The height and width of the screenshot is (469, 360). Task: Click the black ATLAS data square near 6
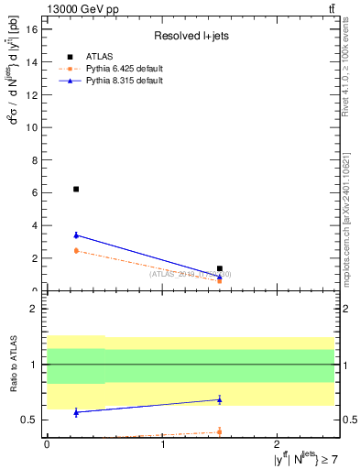[76, 189]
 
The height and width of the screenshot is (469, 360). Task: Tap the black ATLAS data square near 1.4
[220, 268]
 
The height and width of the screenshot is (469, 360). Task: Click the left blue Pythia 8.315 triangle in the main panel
[76, 235]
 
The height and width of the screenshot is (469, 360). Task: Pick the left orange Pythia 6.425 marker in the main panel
[76, 250]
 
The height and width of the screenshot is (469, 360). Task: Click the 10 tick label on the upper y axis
[36, 127]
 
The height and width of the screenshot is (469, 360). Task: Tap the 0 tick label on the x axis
[47, 445]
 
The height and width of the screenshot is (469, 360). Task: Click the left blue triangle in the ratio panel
[76, 412]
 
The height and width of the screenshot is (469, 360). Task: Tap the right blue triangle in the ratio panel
[220, 399]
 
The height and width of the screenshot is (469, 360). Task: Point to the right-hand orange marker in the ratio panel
[220, 431]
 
